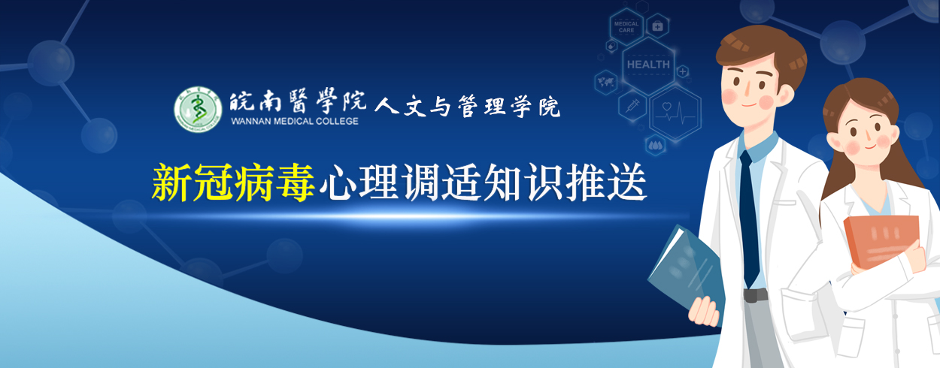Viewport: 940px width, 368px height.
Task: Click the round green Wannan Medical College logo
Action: click(198, 110)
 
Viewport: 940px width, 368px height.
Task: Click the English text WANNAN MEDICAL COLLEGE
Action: click(295, 121)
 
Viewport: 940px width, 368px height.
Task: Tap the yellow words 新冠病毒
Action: click(233, 182)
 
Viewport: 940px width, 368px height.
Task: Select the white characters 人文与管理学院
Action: click(467, 106)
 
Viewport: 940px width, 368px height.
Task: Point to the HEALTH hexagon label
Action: click(648, 65)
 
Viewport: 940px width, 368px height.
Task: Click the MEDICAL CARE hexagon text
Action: click(626, 27)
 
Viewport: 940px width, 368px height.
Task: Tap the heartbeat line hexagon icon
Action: click(675, 113)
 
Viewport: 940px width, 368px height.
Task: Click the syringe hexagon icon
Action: click(632, 105)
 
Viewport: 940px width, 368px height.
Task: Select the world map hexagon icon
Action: click(605, 81)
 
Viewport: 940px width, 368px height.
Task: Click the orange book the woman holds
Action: click(881, 241)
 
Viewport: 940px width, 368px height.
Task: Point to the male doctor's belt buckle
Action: click(755, 295)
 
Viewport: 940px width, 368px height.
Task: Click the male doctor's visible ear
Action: click(786, 95)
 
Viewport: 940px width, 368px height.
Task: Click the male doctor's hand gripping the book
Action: click(704, 311)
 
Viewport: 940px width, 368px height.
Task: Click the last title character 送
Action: click(627, 182)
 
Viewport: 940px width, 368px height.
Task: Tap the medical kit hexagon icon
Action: click(657, 26)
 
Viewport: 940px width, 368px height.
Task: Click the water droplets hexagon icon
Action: click(655, 146)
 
